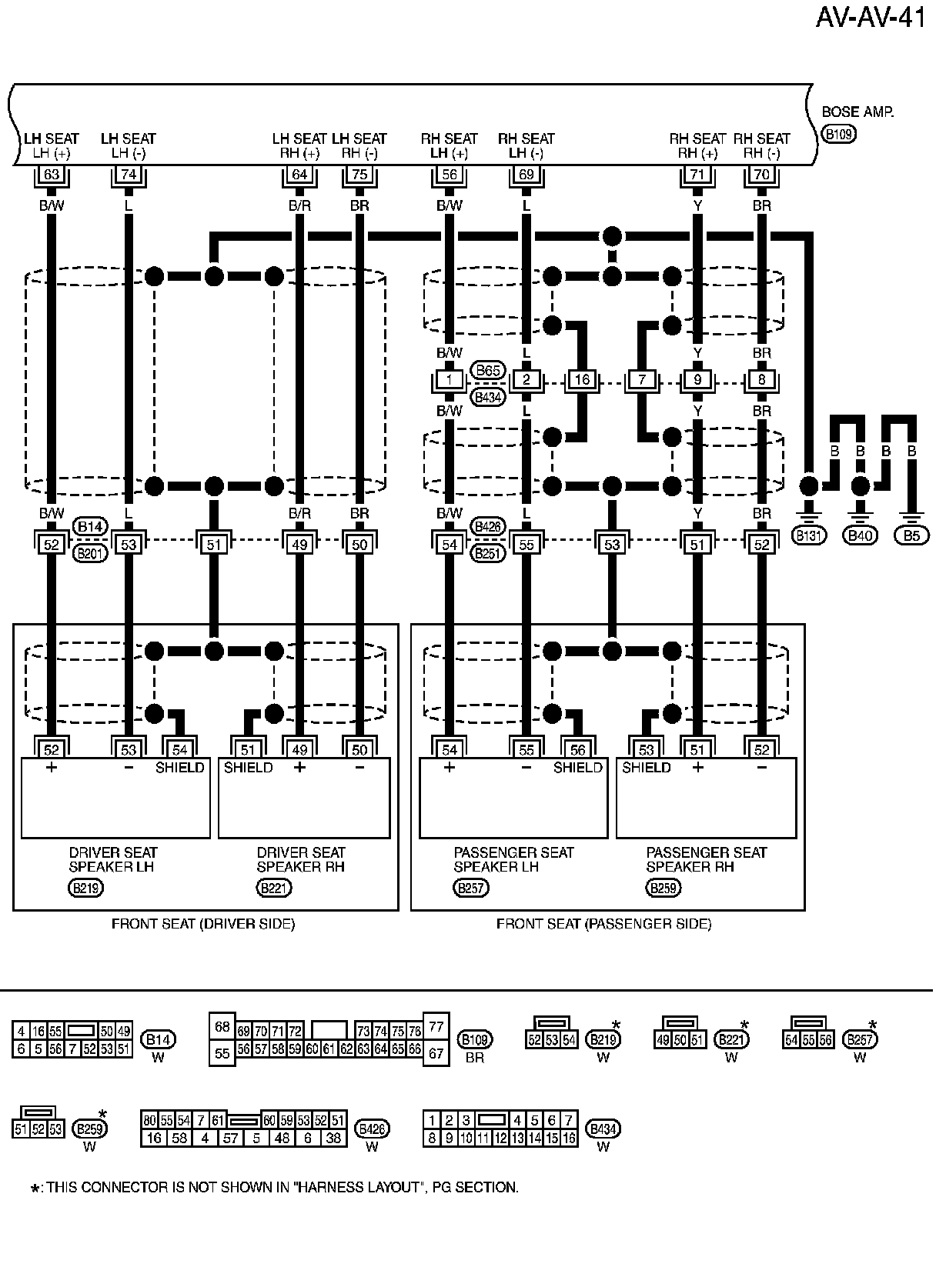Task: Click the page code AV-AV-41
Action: [871, 17]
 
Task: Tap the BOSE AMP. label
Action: [857, 112]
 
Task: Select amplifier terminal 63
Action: [52, 175]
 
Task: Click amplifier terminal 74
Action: [129, 175]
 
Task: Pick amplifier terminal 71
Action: [697, 175]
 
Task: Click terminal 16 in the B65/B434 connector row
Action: [582, 380]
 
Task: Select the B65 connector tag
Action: [488, 371]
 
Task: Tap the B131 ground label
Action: [809, 535]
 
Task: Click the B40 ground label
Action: [860, 535]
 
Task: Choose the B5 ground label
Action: [911, 535]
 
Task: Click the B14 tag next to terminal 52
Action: [90, 527]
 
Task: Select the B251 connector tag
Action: [488, 553]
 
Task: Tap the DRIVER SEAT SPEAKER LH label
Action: [112, 859]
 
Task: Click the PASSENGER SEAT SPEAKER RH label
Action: [706, 859]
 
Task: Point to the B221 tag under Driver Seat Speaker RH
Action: [274, 889]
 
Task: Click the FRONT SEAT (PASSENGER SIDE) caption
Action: [603, 924]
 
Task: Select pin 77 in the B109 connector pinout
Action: [436, 1026]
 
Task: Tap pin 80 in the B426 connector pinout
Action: [149, 1121]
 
